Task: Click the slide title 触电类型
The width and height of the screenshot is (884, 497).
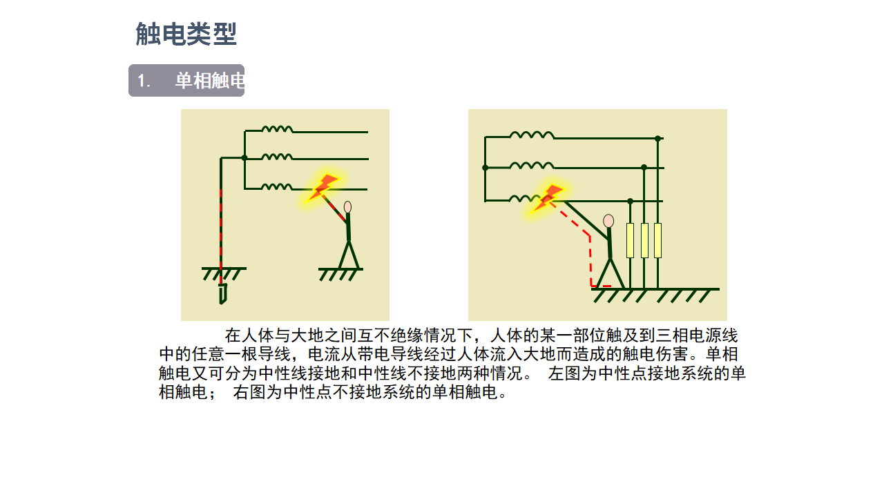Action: coord(186,34)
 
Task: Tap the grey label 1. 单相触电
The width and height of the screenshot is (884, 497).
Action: coord(186,81)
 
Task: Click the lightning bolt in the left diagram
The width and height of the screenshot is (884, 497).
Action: coord(323,188)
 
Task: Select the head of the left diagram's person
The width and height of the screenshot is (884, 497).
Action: coord(347,207)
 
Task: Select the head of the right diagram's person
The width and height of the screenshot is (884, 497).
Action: coord(608,221)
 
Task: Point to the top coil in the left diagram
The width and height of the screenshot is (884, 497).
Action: coord(277,129)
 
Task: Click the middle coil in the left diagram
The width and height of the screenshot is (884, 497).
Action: coord(277,157)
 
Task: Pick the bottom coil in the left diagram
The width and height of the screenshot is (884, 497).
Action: coord(277,186)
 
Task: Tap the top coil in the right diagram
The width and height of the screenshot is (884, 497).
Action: coord(532,135)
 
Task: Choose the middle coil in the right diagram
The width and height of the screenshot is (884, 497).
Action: coord(532,165)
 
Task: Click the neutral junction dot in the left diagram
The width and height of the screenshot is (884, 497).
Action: coord(244,158)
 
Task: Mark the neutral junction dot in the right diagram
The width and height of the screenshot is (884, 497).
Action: coord(485,168)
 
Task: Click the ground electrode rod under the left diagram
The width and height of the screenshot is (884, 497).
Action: coord(223,294)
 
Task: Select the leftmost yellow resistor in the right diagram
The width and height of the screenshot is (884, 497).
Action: coord(631,241)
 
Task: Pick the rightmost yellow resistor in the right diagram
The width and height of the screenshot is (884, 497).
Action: coord(658,241)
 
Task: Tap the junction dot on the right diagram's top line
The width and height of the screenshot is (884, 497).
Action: coord(657,139)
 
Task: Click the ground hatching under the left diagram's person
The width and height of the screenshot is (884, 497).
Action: coord(340,275)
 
